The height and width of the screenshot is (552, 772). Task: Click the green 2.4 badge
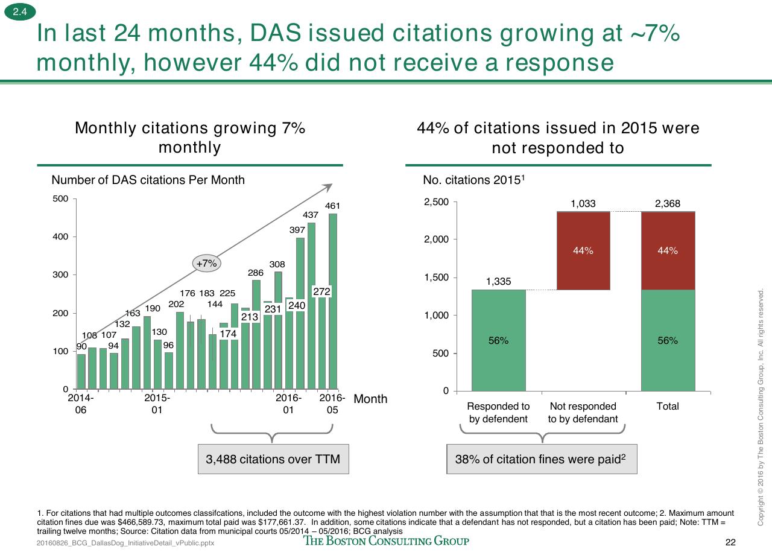click(20, 12)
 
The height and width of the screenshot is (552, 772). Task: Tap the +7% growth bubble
click(206, 264)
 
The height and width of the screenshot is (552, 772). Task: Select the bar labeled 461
click(333, 302)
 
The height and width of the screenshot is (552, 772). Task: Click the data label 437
click(311, 215)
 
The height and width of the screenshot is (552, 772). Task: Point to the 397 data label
click(297, 230)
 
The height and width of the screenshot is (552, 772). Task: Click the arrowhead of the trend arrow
click(329, 187)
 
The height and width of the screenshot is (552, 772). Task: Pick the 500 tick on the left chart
click(60, 198)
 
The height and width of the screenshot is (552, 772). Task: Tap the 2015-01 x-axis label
click(157, 404)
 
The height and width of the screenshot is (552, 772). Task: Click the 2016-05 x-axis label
click(332, 404)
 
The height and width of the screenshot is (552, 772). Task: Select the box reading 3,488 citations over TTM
click(273, 459)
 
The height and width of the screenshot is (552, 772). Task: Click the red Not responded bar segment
click(583, 250)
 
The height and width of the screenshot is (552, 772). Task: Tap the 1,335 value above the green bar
click(498, 281)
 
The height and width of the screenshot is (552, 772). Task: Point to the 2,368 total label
click(668, 203)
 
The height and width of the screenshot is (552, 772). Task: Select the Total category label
click(668, 406)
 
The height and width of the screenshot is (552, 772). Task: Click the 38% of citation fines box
click(542, 459)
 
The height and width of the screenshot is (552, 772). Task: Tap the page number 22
click(730, 542)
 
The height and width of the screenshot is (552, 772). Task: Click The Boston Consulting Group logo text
click(386, 541)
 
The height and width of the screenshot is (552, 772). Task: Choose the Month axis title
click(370, 399)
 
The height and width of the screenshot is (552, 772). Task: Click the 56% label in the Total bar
click(668, 341)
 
